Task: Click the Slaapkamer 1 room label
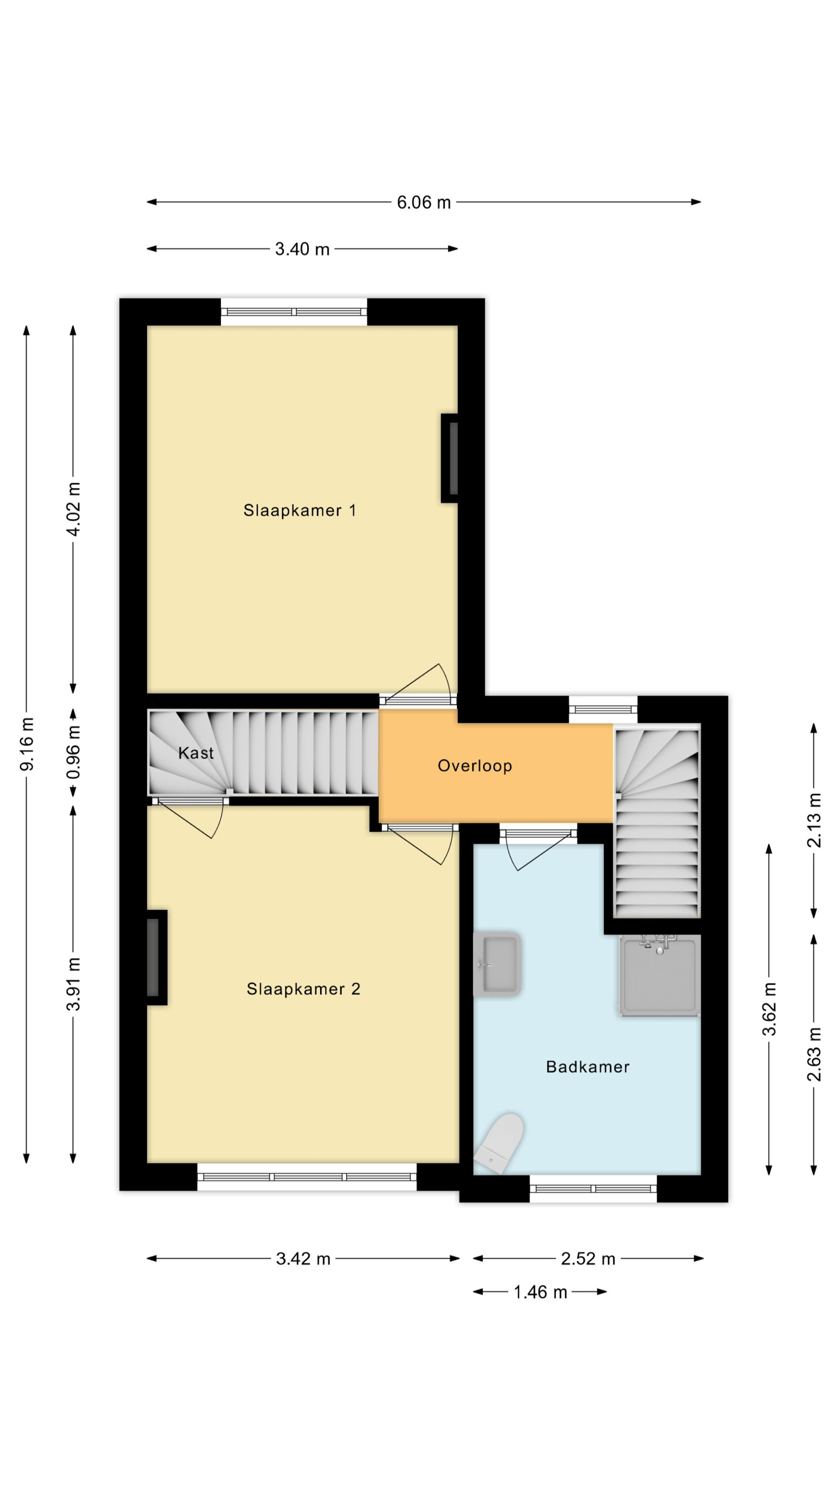tap(299, 510)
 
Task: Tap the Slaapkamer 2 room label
tap(303, 989)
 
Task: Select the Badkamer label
tap(587, 1067)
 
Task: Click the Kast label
tap(196, 753)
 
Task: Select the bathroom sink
tap(497, 965)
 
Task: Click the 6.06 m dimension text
tap(424, 203)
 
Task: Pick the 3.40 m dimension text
tap(302, 250)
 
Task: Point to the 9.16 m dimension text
tap(26, 744)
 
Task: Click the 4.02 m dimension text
tap(73, 509)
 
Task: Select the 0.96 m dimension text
tap(73, 752)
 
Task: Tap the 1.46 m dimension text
tap(540, 1292)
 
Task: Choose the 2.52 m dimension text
tap(588, 1259)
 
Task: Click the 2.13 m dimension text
tap(814, 820)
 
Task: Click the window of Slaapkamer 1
tap(294, 311)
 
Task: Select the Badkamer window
tap(593, 1189)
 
